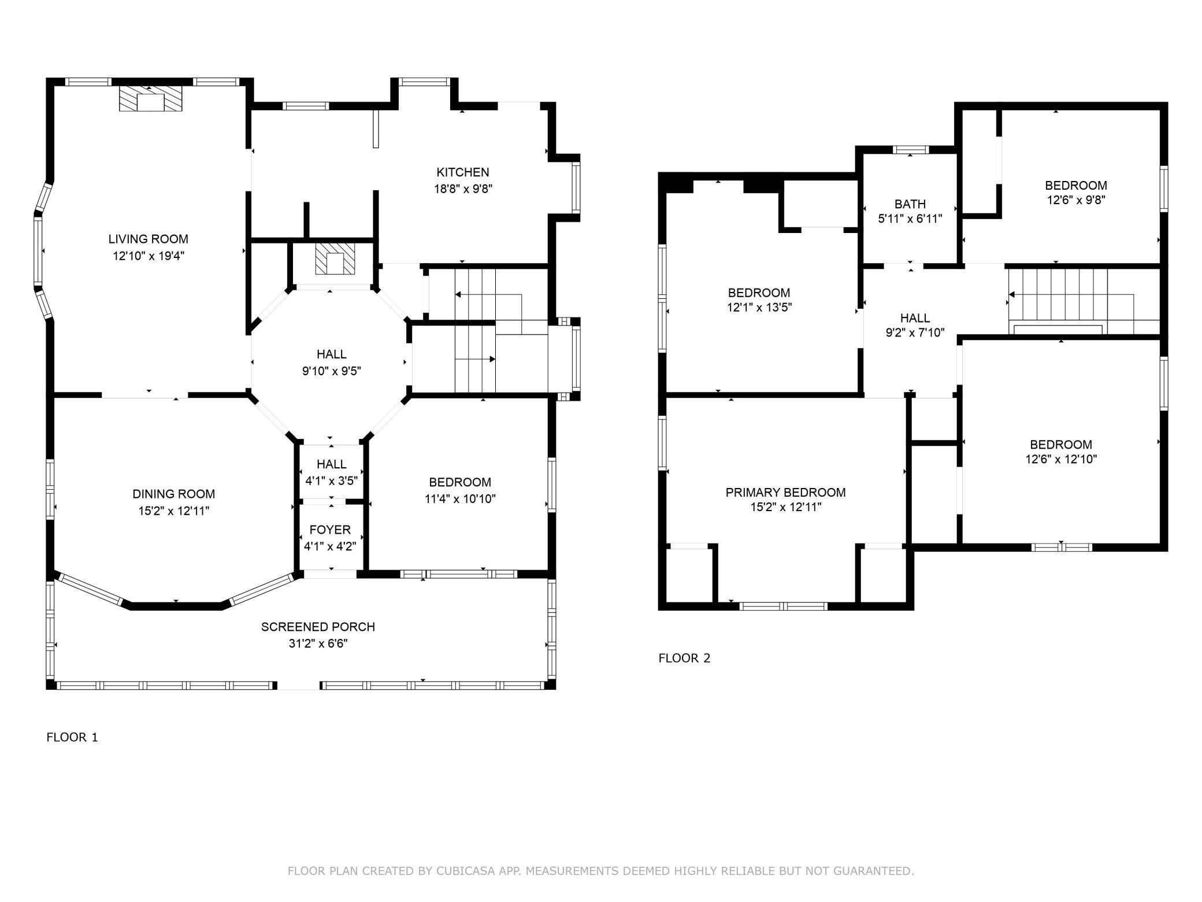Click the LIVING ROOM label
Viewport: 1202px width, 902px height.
(x=149, y=239)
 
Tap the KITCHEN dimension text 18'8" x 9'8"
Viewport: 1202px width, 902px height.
(x=463, y=188)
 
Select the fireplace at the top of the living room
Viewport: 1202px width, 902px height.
(x=150, y=99)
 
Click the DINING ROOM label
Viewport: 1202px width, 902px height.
(x=174, y=494)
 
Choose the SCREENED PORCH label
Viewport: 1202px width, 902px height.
(x=318, y=627)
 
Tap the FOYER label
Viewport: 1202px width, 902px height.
(x=330, y=530)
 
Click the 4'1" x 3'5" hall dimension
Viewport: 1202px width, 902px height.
(x=332, y=480)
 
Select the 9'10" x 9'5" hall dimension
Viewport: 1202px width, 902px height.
(x=332, y=371)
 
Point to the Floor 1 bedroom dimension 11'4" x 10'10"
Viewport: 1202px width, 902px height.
(x=460, y=498)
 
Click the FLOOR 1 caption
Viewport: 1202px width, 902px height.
(x=72, y=737)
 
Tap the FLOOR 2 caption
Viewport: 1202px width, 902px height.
(x=685, y=658)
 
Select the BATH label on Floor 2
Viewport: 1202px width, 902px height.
(x=910, y=204)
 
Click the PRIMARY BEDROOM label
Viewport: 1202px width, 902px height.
(x=786, y=492)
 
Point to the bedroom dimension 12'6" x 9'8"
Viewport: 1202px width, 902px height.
(x=1076, y=200)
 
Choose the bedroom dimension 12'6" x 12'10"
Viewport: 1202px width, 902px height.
(x=1061, y=459)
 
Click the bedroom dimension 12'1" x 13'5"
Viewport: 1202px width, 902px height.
(x=759, y=307)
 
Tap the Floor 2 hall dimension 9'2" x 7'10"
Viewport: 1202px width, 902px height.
(x=915, y=332)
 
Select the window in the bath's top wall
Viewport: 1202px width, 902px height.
(x=911, y=150)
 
